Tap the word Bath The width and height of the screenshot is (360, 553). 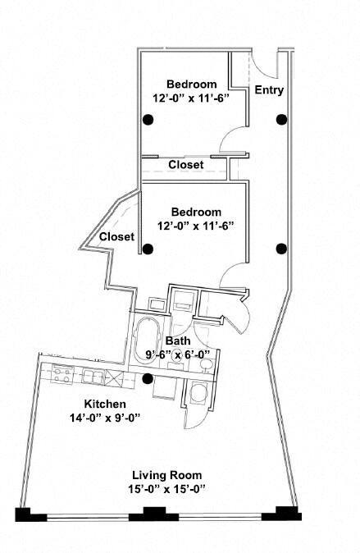(x=178, y=340)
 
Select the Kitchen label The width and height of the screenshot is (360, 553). (x=105, y=404)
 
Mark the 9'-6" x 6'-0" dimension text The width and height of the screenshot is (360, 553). (x=177, y=354)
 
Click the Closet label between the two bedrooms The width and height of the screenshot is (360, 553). (x=186, y=165)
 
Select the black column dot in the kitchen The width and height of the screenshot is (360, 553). (x=148, y=379)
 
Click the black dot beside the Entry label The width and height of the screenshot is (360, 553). (x=281, y=119)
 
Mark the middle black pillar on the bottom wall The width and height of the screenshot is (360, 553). (x=154, y=514)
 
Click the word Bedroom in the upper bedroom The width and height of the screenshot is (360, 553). (x=191, y=84)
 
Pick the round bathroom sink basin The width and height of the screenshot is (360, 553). (x=206, y=364)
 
